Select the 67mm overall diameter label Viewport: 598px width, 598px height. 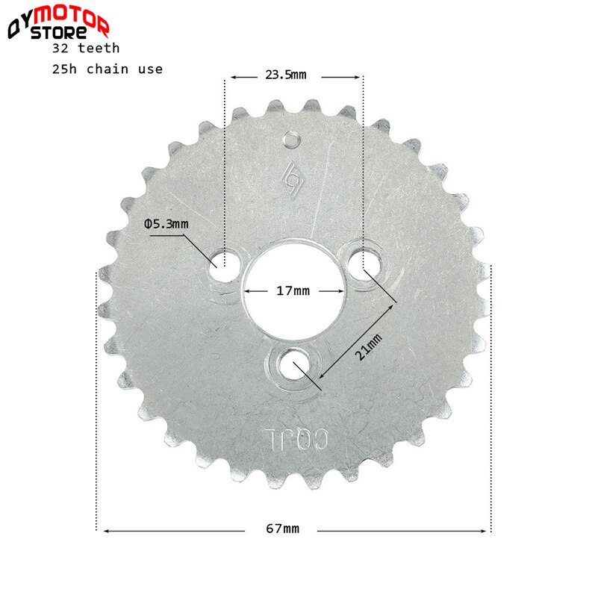point(282,529)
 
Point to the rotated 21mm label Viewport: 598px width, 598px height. point(368,349)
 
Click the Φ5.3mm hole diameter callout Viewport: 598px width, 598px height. point(166,223)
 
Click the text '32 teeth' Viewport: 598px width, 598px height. point(86,47)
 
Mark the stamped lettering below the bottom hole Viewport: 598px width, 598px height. point(293,439)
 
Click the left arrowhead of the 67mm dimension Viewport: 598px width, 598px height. point(107,531)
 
